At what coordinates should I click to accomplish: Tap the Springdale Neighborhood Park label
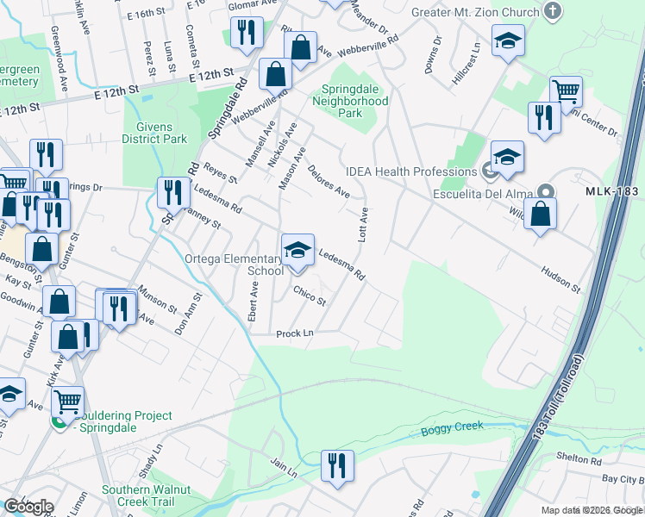click(354, 101)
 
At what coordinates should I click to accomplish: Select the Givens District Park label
click(154, 133)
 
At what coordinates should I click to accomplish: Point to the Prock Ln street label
click(294, 333)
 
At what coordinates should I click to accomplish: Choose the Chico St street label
click(309, 296)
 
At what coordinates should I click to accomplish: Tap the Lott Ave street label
click(364, 224)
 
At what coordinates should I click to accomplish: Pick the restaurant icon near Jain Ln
click(337, 465)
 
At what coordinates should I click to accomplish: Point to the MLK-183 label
click(614, 191)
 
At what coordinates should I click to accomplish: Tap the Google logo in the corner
click(28, 507)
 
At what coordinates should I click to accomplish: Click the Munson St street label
click(157, 300)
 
